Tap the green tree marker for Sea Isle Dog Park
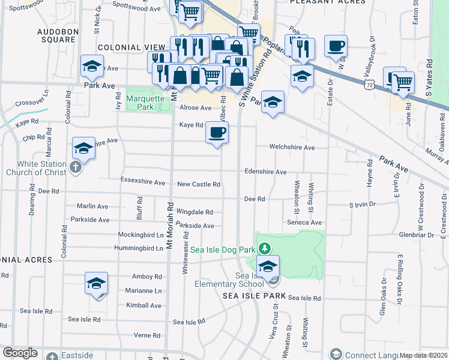tap(265, 248)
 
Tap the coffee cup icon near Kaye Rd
tap(217, 131)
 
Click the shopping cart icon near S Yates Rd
tap(402, 82)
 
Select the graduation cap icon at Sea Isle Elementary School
tap(268, 265)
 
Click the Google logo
tap(20, 353)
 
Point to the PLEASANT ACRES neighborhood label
tap(327, 2)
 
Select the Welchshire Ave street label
tap(292, 147)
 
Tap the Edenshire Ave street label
tap(265, 172)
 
